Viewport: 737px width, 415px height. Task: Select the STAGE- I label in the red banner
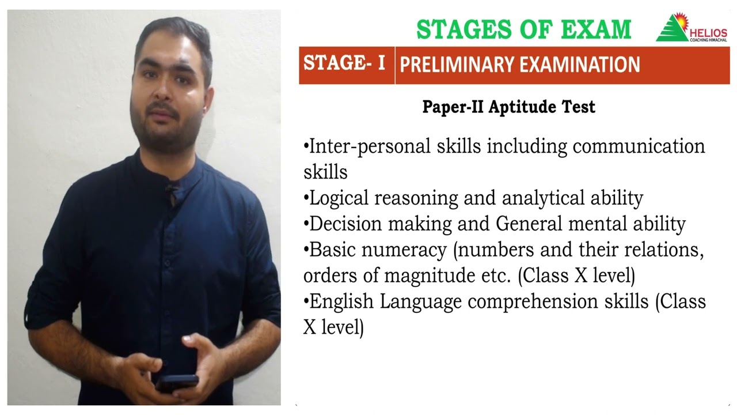(x=344, y=63)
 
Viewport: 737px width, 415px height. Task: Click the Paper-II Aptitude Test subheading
(x=508, y=107)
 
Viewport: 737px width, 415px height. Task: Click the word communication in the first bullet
(x=639, y=146)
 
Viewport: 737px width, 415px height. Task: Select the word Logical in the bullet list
(x=339, y=198)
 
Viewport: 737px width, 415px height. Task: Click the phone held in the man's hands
(x=176, y=382)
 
